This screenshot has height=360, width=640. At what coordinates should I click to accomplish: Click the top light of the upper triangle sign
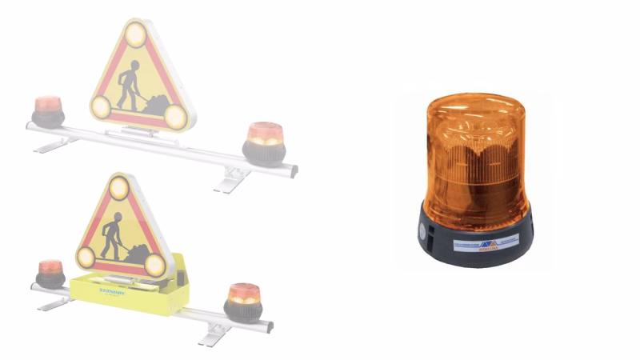click(135, 34)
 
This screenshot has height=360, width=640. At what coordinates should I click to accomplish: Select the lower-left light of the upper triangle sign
click(101, 106)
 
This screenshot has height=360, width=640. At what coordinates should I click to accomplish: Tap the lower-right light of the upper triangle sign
click(175, 117)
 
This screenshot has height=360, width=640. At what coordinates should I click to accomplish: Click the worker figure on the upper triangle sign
click(128, 84)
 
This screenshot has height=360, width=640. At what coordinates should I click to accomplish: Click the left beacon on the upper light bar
click(47, 111)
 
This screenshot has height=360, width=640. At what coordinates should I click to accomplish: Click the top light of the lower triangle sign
click(119, 188)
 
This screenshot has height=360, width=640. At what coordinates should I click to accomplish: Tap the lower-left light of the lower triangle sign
click(86, 257)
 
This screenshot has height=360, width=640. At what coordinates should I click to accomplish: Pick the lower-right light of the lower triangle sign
click(155, 265)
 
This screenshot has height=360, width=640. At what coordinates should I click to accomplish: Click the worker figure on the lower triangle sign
click(112, 236)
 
